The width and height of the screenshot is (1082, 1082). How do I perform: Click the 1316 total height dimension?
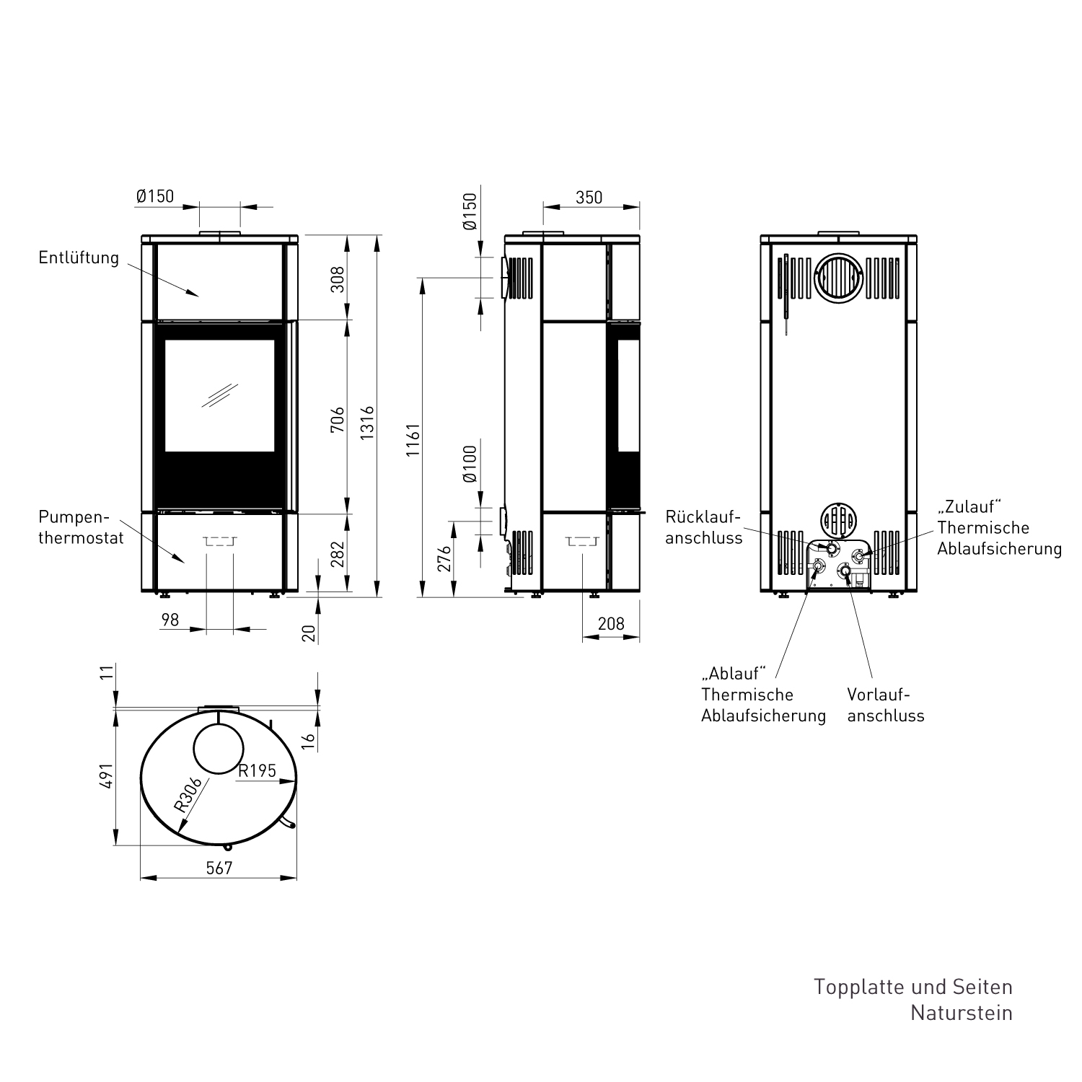click(x=368, y=416)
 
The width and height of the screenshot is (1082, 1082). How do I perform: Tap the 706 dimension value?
click(x=337, y=419)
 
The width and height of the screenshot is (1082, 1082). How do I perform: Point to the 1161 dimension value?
click(x=413, y=440)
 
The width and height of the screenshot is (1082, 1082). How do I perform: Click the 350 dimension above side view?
click(x=589, y=197)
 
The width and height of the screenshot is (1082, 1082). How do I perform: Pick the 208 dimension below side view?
click(x=611, y=623)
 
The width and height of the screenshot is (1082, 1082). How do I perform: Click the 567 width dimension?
click(x=219, y=868)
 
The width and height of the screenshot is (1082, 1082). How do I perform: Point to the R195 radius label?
click(x=258, y=770)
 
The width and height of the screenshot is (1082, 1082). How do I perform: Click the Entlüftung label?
click(x=79, y=258)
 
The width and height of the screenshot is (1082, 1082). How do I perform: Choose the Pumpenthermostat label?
click(x=81, y=527)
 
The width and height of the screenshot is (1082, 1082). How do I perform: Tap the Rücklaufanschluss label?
click(x=703, y=527)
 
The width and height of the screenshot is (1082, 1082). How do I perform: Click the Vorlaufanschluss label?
click(x=885, y=705)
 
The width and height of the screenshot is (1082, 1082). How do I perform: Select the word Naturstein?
click(x=961, y=1012)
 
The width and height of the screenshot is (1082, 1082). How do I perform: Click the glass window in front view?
click(x=219, y=395)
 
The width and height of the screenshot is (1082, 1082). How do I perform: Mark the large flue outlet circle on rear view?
click(x=837, y=278)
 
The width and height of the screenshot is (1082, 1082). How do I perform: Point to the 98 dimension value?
click(x=170, y=620)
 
